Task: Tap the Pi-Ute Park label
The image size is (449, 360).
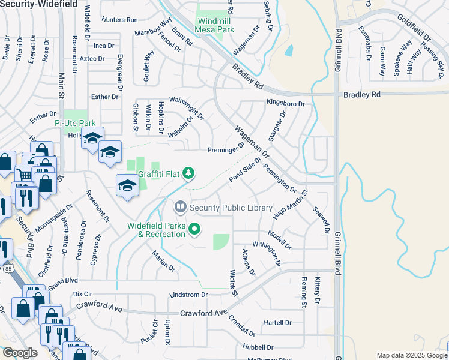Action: (75, 123)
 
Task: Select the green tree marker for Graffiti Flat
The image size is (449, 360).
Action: (189, 173)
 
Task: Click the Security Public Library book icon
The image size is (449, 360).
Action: (180, 208)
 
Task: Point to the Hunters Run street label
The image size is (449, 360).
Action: (119, 20)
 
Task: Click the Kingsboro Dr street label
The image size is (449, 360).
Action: (286, 104)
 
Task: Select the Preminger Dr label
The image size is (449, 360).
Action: (226, 150)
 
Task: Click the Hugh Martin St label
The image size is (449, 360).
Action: (290, 205)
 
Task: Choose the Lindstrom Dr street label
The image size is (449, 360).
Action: (189, 295)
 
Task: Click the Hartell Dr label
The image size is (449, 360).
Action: (277, 322)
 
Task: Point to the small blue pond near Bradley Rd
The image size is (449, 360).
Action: (289, 50)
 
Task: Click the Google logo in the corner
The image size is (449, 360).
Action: (20, 353)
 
